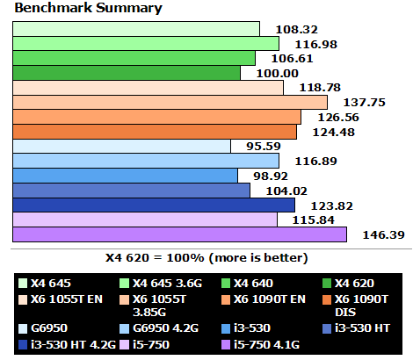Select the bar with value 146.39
click(179, 234)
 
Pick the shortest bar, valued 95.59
click(121, 146)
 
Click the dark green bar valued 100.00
click(127, 72)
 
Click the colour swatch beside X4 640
click(226, 284)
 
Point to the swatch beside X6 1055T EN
click(22, 299)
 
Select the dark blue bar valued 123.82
click(154, 205)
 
